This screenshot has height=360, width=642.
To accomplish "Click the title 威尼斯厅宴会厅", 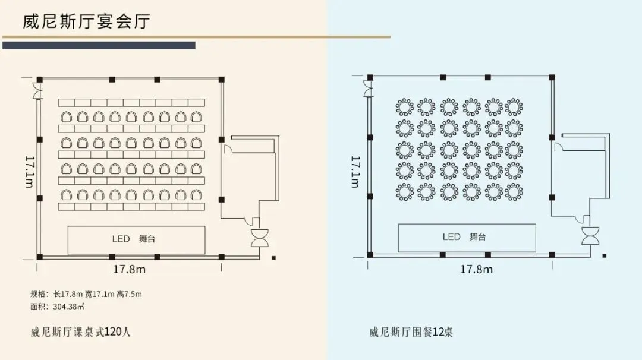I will coord(86,22).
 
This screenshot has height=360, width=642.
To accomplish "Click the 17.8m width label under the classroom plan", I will coord(129,269).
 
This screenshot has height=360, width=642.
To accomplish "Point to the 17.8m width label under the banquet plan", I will coord(476,269).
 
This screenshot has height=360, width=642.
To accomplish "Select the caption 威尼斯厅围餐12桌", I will coord(411,331).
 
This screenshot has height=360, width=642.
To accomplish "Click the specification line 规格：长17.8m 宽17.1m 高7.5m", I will coord(86,294).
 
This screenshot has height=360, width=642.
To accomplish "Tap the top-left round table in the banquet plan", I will coord(404,108).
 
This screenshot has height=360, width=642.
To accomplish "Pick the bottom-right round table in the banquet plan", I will coord(514,192).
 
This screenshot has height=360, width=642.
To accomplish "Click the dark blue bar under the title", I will coord(99,45).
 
